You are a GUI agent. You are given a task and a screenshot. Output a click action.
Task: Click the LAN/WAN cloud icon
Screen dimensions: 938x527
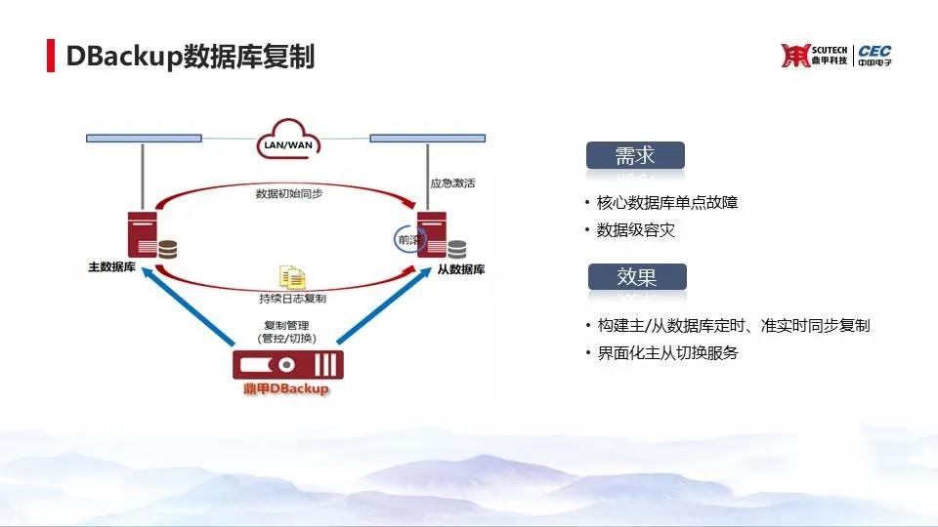[x=288, y=139]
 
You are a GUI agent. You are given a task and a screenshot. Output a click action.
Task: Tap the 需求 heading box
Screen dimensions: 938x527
[x=635, y=155]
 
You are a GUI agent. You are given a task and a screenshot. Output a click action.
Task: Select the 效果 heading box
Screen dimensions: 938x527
[x=637, y=276]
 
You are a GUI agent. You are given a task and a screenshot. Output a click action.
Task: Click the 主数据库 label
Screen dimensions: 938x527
[x=111, y=267]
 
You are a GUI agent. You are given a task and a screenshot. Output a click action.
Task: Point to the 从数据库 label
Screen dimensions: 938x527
[x=460, y=269]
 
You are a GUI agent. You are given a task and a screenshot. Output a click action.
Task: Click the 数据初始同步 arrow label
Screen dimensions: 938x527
[x=289, y=193]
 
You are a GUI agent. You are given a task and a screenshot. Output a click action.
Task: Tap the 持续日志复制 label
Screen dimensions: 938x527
[x=292, y=299]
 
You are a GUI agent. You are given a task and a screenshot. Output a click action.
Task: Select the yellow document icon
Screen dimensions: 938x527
[x=292, y=277]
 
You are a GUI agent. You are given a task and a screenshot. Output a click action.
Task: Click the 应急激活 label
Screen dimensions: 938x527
[x=452, y=183]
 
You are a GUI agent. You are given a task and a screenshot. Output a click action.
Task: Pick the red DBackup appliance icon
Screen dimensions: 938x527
[x=288, y=364]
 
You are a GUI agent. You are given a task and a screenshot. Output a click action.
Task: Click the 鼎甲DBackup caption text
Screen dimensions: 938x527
[x=286, y=389]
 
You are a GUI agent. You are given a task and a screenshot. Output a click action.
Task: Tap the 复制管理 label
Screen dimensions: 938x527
[x=286, y=326]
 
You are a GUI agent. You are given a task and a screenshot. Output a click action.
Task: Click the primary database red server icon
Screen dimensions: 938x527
[x=143, y=234]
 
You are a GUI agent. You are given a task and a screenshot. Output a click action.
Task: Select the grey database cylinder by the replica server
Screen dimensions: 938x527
[x=457, y=249]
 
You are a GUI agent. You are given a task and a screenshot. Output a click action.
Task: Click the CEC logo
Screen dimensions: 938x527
[x=874, y=55]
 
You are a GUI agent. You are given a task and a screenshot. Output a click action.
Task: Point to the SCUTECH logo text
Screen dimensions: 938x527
[x=830, y=50]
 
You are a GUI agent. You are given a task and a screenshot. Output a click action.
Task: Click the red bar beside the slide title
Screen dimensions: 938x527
[x=51, y=56]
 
